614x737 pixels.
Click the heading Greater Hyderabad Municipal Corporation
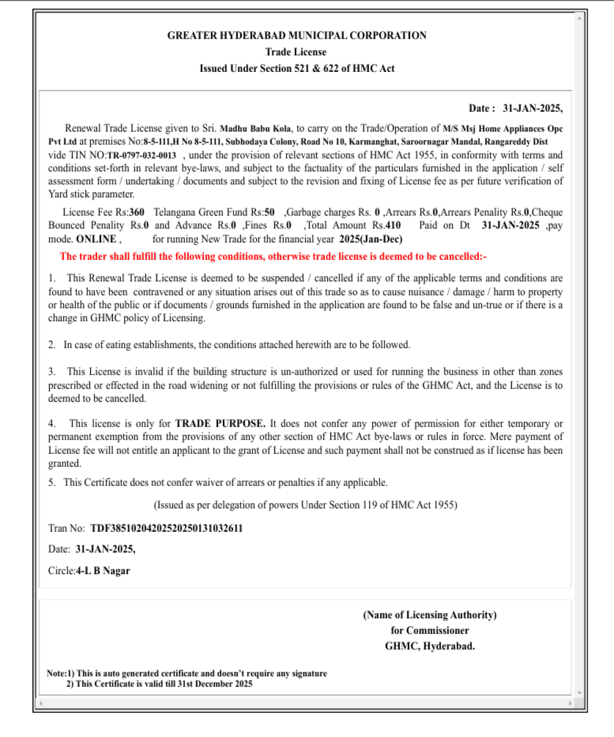[x=297, y=36]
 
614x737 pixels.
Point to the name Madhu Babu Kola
[x=257, y=129]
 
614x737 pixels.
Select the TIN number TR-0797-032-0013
[x=142, y=155]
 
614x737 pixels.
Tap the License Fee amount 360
[x=136, y=213]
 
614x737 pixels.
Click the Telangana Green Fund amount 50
[x=269, y=213]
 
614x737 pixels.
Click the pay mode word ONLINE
[x=96, y=238]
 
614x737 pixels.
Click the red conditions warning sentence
[x=273, y=257]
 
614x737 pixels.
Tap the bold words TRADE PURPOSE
[x=220, y=424]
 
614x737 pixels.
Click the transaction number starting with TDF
[x=166, y=528]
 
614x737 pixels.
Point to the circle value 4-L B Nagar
[x=103, y=571]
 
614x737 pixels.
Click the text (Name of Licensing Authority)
[x=430, y=615]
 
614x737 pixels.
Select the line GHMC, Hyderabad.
[x=430, y=646]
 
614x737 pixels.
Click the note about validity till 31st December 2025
[x=160, y=684]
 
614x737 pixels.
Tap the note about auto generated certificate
[x=187, y=673]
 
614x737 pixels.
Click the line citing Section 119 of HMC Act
[x=305, y=505]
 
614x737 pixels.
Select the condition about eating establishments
[x=236, y=345]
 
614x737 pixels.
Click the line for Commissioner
[x=430, y=631]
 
